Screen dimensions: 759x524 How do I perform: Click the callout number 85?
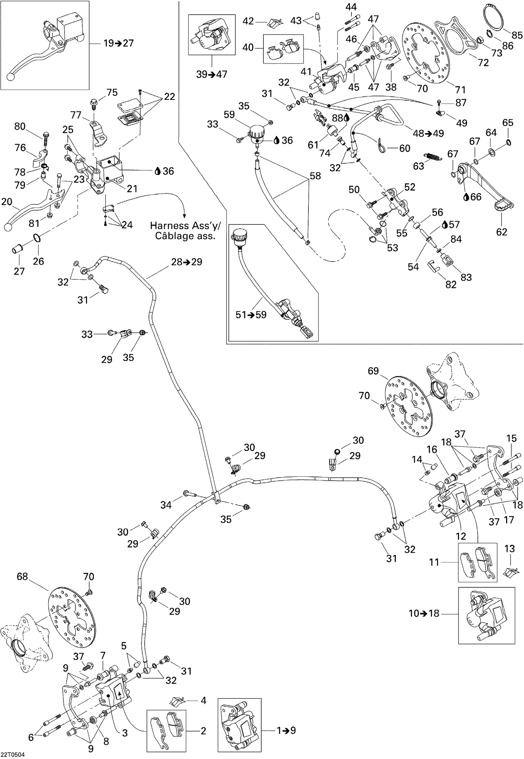(517, 35)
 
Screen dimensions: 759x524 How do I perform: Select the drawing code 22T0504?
(13, 754)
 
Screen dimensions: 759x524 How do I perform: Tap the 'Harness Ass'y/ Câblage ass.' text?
(185, 231)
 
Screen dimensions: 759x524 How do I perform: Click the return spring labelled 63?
(433, 157)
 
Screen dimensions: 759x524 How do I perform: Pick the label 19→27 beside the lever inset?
(119, 43)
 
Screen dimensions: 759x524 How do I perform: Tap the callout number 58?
(315, 176)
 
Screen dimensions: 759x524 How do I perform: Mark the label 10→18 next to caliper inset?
(424, 613)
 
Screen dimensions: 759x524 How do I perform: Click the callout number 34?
(166, 505)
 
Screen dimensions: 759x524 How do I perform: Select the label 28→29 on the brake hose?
(187, 262)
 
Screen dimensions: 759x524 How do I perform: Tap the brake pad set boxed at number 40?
(283, 49)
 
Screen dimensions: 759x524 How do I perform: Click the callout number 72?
(483, 63)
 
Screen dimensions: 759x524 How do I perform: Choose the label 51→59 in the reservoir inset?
(251, 315)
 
